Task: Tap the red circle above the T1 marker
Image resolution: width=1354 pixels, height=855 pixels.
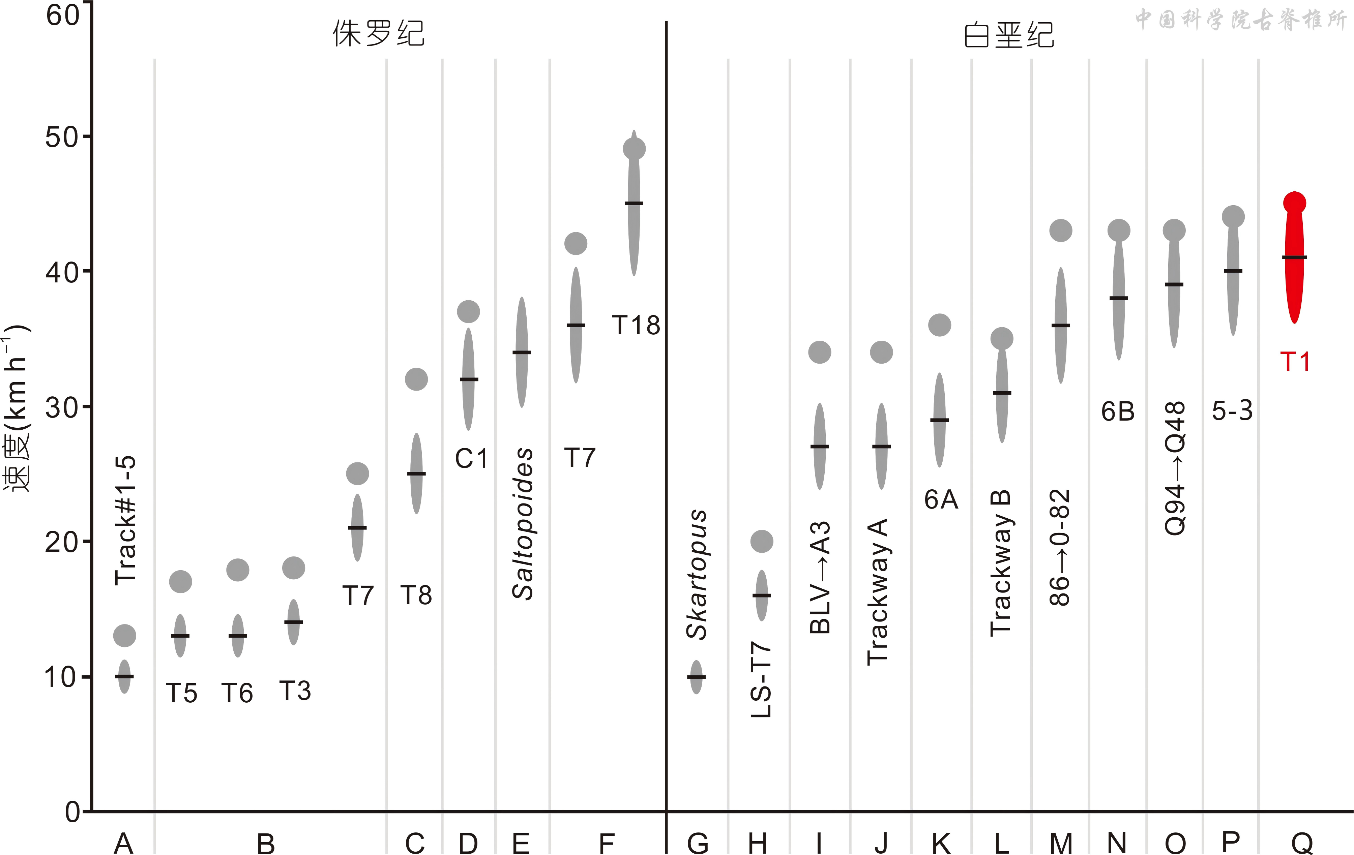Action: click(1294, 203)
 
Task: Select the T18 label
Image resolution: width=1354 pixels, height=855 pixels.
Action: click(636, 326)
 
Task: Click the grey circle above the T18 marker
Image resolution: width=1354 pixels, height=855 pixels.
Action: click(634, 149)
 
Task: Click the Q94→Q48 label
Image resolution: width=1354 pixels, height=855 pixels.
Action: click(1175, 468)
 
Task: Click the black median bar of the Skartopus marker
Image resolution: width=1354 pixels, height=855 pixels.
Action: click(696, 677)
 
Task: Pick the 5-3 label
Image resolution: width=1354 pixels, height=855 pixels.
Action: click(1232, 410)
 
